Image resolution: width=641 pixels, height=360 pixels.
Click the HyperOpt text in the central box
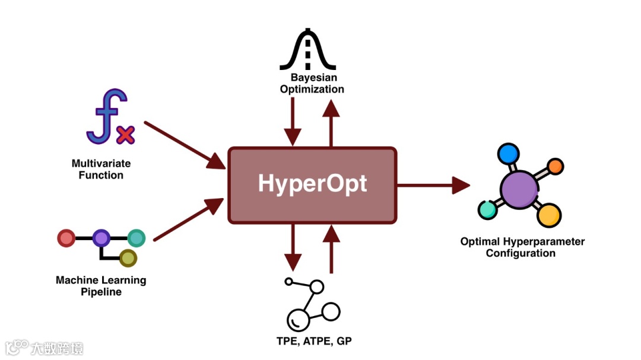coord(312,184)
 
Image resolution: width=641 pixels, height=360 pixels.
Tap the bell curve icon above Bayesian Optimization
coord(308,51)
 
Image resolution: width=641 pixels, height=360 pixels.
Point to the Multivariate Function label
coord(101,169)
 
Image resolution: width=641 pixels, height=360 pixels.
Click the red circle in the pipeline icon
coord(66,238)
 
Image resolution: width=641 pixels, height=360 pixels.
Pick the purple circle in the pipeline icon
coord(101,238)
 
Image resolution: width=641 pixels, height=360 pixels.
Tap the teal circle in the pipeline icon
coord(137,238)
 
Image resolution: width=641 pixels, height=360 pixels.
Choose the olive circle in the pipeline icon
coord(128,258)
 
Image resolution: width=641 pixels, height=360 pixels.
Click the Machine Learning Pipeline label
coord(101,286)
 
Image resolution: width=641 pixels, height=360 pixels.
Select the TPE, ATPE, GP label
coord(309,341)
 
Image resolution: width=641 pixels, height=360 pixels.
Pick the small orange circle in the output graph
coord(555,166)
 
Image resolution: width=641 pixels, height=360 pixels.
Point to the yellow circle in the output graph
coord(549,215)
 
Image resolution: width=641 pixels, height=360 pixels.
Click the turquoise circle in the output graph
coord(487,209)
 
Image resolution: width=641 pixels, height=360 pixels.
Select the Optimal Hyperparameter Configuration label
coord(522,247)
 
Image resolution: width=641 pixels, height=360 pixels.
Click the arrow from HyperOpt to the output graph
coord(433,185)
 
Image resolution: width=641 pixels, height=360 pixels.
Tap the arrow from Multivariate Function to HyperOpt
coord(184,144)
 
